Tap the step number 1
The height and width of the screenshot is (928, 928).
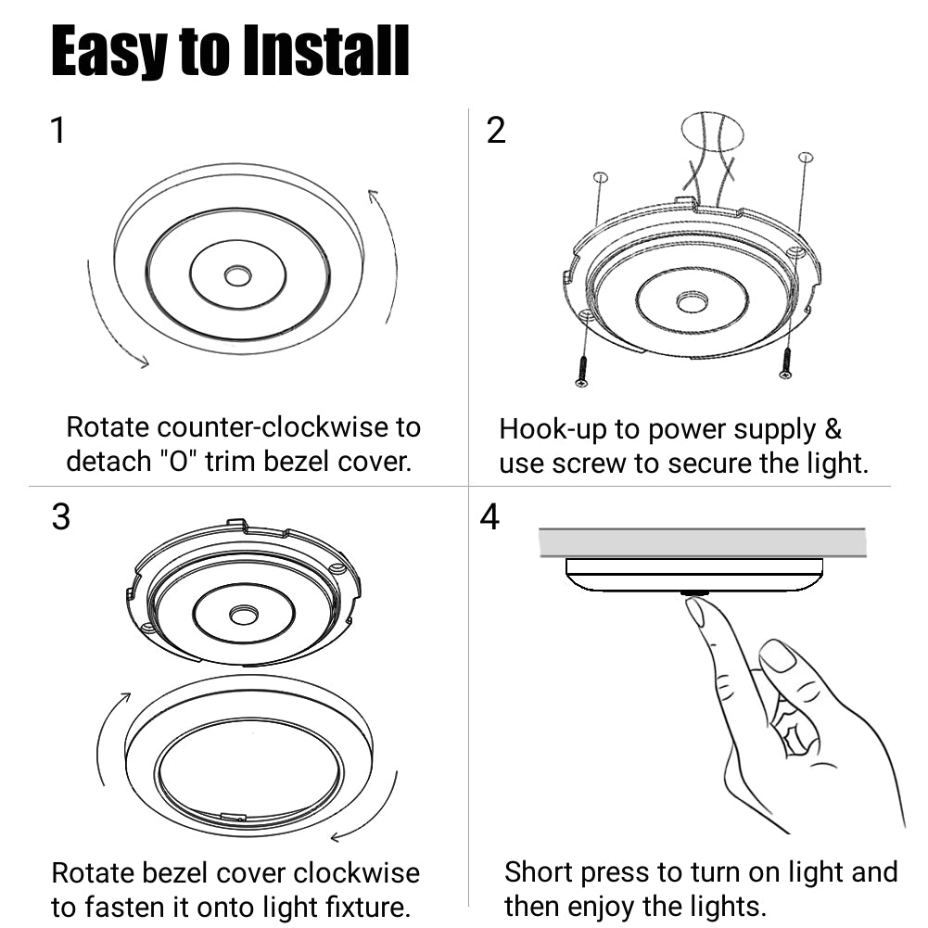coord(57,131)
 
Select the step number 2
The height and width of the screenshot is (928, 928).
coord(496,131)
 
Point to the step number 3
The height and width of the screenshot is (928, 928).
coord(60,517)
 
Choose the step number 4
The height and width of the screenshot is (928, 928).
coord(489,517)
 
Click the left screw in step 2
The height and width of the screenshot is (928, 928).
coord(582,368)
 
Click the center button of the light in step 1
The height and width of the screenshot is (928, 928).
coord(237,275)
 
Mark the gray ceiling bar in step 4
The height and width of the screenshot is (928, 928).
coord(702,542)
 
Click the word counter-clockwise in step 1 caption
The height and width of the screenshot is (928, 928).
coord(289,427)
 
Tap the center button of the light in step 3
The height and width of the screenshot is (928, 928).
coord(244,615)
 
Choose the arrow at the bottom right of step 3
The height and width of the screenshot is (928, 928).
coord(366,811)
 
